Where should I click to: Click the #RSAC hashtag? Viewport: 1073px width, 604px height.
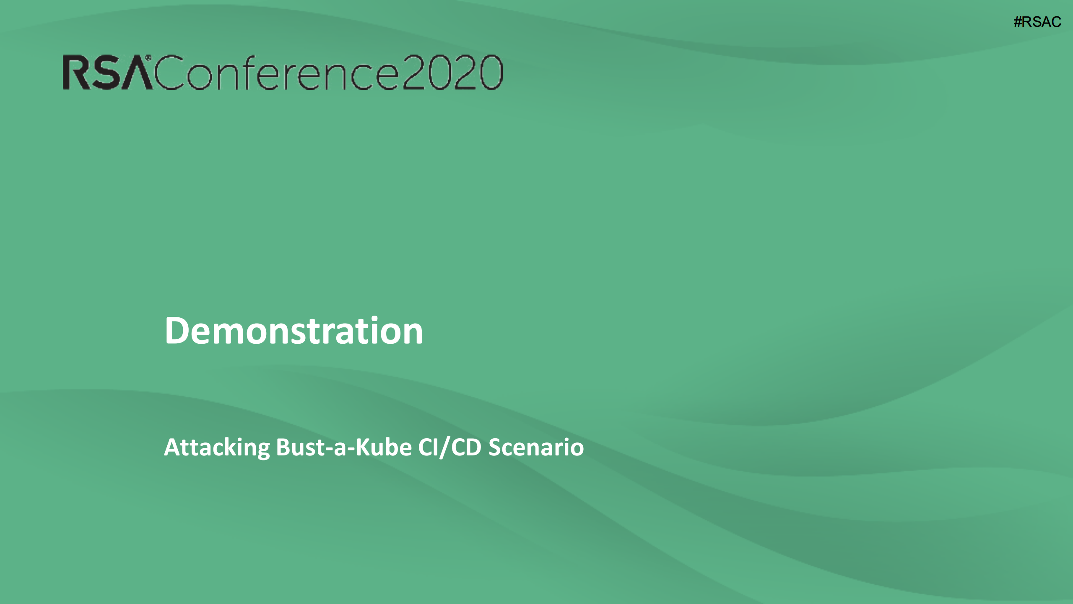[1037, 22]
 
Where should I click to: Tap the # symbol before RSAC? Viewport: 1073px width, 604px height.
[1018, 22]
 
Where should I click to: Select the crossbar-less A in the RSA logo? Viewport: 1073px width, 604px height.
[135, 73]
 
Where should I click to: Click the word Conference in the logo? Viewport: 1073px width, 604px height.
[277, 72]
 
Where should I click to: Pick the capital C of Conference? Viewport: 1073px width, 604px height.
[169, 72]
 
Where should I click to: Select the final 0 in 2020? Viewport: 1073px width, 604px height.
[491, 72]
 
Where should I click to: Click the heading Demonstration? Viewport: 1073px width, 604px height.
[294, 330]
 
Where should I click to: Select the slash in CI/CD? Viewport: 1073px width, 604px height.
[444, 448]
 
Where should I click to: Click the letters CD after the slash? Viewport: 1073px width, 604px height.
[466, 447]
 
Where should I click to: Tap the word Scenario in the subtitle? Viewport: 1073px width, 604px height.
[536, 447]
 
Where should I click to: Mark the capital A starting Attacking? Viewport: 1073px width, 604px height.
[173, 447]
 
